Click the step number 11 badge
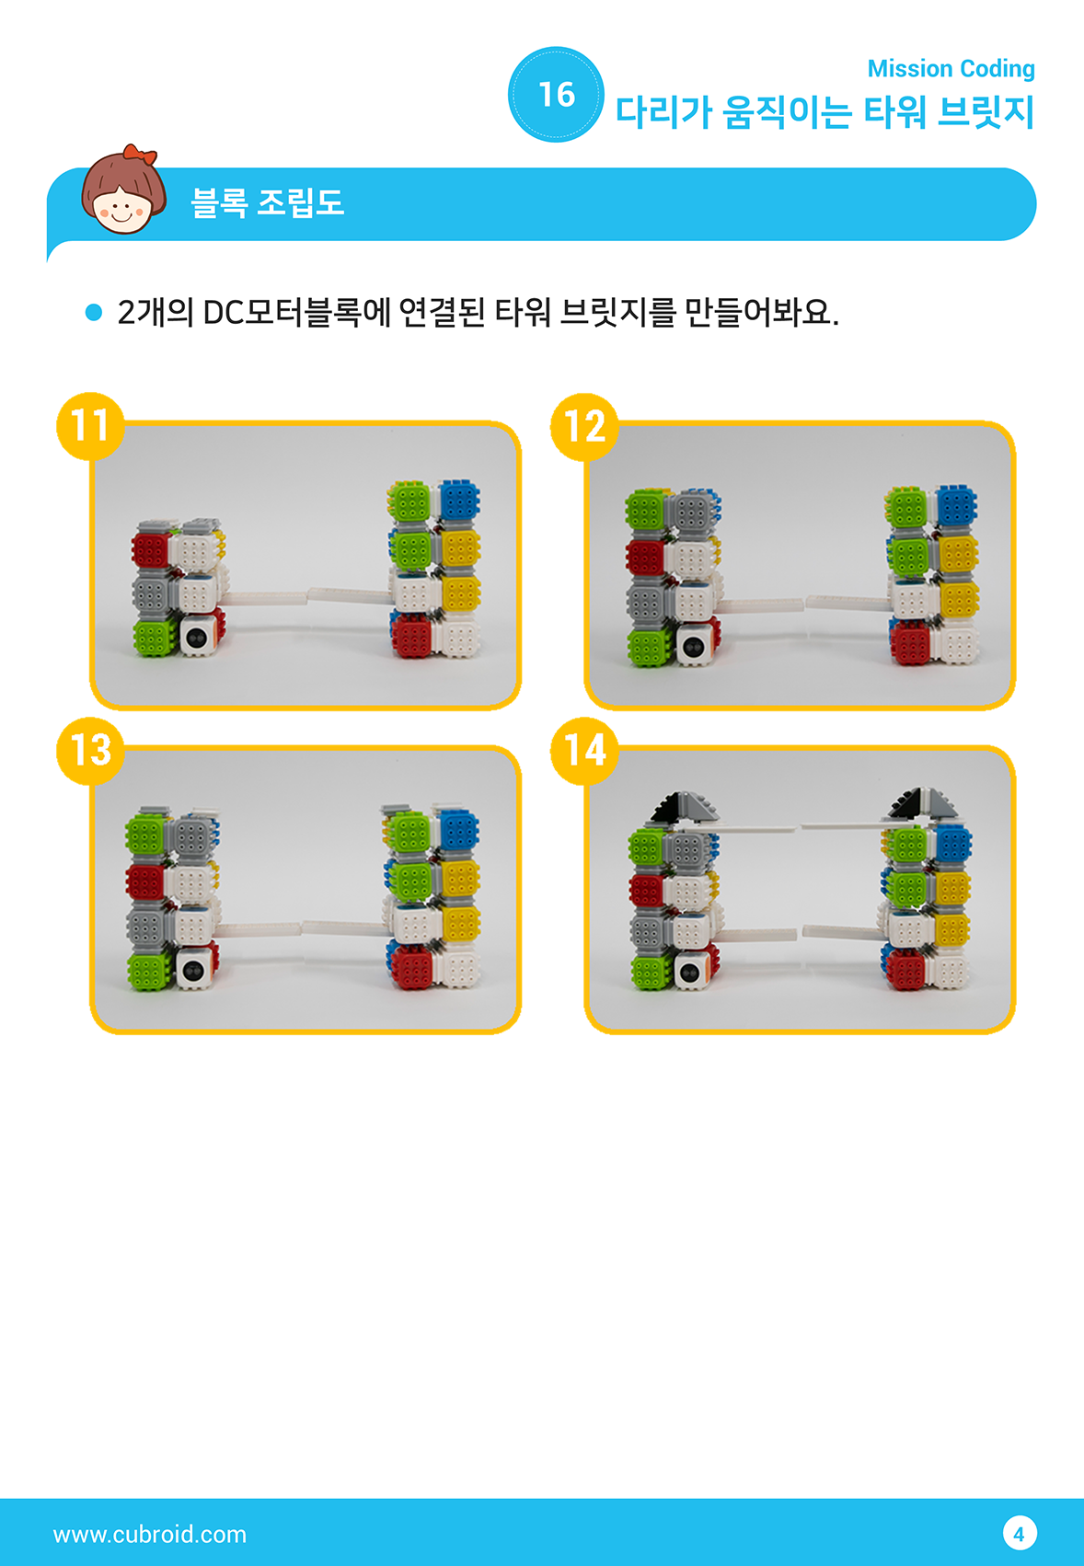tap(90, 426)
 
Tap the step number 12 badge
tap(584, 426)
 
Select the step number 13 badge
tap(90, 750)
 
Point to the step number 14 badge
tap(584, 750)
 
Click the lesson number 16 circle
tap(556, 95)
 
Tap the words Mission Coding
tap(951, 68)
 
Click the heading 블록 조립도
tap(267, 202)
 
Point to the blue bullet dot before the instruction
tap(94, 312)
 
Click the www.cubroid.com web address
tap(150, 1534)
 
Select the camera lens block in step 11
tap(200, 636)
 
